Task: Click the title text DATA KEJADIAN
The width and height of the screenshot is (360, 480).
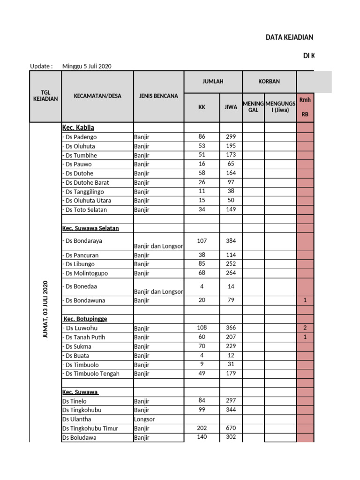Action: click(x=289, y=37)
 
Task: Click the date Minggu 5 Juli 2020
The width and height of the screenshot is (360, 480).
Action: click(x=87, y=66)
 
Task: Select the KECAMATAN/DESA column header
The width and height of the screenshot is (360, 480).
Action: click(x=97, y=96)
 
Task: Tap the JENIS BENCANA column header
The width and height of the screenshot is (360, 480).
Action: click(x=158, y=96)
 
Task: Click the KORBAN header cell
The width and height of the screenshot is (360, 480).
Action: click(x=269, y=82)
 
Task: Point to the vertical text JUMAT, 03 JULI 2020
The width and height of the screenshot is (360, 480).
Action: click(x=45, y=309)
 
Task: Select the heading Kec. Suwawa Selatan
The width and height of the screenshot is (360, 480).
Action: click(x=90, y=228)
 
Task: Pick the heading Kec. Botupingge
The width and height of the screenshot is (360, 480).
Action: click(x=85, y=319)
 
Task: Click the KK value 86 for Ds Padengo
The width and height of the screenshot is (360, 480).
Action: click(x=202, y=137)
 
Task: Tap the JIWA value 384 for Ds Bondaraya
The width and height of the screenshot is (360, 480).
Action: click(x=231, y=241)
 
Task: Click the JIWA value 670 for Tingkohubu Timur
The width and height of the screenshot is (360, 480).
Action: click(x=231, y=428)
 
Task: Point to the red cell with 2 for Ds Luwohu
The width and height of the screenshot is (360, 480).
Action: click(x=305, y=328)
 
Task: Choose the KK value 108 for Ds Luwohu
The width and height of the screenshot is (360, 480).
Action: click(x=202, y=328)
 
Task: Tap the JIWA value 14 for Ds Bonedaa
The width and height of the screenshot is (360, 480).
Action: click(x=231, y=286)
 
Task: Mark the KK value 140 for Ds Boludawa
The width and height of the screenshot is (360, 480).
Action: click(x=202, y=437)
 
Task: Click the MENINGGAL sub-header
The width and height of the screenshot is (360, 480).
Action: click(x=253, y=106)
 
